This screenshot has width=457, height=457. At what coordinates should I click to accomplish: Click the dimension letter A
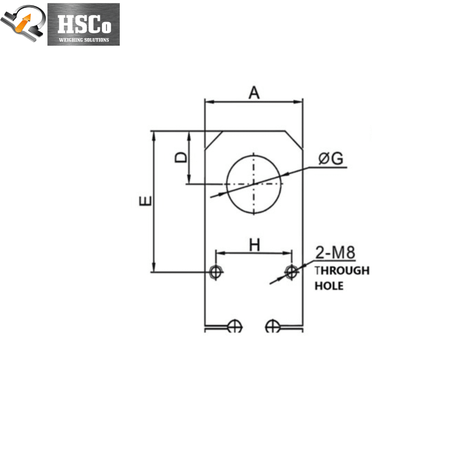[x=254, y=93]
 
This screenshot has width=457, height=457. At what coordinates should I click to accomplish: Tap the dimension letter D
[x=181, y=157]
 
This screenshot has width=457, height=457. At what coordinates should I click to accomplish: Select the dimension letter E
[x=146, y=201]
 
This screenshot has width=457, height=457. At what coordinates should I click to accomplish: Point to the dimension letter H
[x=254, y=245]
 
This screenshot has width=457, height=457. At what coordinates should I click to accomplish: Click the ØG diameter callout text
[x=331, y=159]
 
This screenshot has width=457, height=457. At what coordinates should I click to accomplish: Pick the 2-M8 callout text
[x=335, y=252]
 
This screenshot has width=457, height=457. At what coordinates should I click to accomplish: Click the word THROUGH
[x=342, y=270]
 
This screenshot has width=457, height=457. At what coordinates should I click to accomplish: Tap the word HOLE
[x=329, y=286]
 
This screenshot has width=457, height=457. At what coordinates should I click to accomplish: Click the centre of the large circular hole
[x=253, y=184]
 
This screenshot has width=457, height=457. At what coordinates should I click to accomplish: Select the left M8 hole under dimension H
[x=215, y=272]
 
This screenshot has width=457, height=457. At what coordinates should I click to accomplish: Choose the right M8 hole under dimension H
[x=291, y=272]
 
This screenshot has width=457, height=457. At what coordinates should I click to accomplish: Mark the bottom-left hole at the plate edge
[x=234, y=326]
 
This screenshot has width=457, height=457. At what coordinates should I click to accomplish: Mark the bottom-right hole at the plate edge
[x=273, y=326]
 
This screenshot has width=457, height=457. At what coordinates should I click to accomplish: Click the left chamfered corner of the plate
[x=214, y=140]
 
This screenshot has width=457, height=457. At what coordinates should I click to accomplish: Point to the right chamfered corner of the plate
[x=294, y=140]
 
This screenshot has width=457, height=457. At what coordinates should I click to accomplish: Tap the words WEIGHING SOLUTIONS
[x=84, y=40]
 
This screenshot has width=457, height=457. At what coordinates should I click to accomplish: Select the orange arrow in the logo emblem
[x=23, y=23]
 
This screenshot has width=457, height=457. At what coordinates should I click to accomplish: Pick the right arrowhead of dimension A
[x=297, y=102]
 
